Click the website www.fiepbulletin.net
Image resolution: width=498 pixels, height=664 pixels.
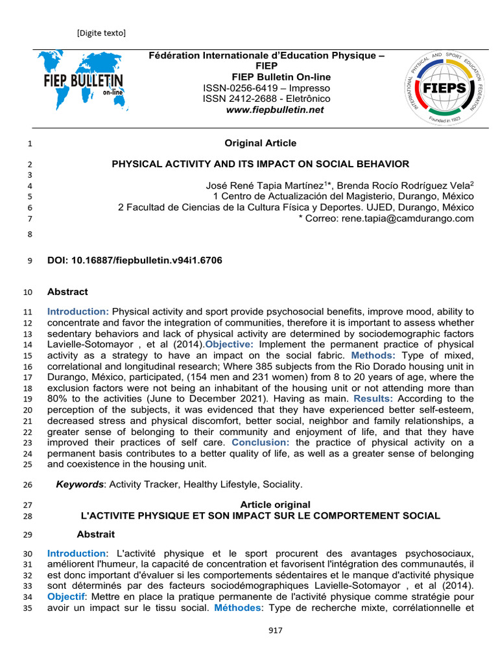pos(274,110)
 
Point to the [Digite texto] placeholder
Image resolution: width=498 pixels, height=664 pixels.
pos(101,32)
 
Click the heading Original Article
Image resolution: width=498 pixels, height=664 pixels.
pos(260,143)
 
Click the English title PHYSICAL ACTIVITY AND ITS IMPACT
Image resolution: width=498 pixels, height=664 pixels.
pos(260,164)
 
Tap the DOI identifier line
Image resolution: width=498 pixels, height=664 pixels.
pos(135,261)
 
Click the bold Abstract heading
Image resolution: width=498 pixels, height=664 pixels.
pos(67,292)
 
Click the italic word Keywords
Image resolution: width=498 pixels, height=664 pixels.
pos(80,484)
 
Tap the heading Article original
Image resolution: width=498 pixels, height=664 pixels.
pos(275,504)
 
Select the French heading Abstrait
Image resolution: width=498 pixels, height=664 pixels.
pos(95,535)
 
